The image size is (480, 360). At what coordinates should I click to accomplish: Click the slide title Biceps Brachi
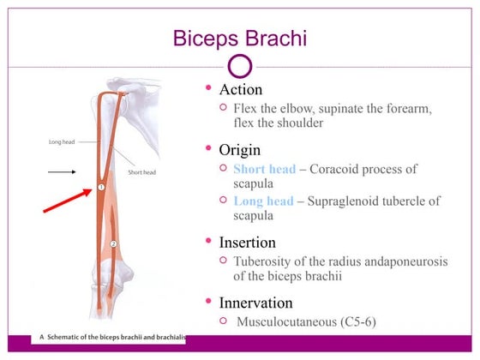[x=240, y=39]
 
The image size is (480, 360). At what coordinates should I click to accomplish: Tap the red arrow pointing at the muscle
[x=65, y=200]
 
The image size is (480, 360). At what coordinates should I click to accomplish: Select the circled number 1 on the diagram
[x=100, y=185]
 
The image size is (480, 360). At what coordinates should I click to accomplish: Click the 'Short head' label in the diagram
[x=141, y=171]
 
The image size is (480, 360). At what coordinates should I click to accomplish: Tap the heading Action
[x=240, y=89]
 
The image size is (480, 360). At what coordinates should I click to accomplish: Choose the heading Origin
[x=241, y=150]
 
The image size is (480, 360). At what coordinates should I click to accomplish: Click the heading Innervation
[x=256, y=303]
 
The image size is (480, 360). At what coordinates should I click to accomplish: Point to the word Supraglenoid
[x=349, y=201]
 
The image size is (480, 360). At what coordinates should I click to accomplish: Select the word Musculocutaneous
[x=292, y=321]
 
